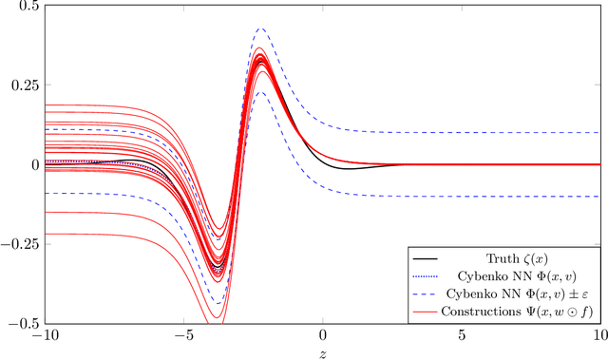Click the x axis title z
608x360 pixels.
coord(323,352)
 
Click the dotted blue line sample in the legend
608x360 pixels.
coord(425,275)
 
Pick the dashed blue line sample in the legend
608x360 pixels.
coord(425,292)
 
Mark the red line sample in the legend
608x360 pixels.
coord(425,310)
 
